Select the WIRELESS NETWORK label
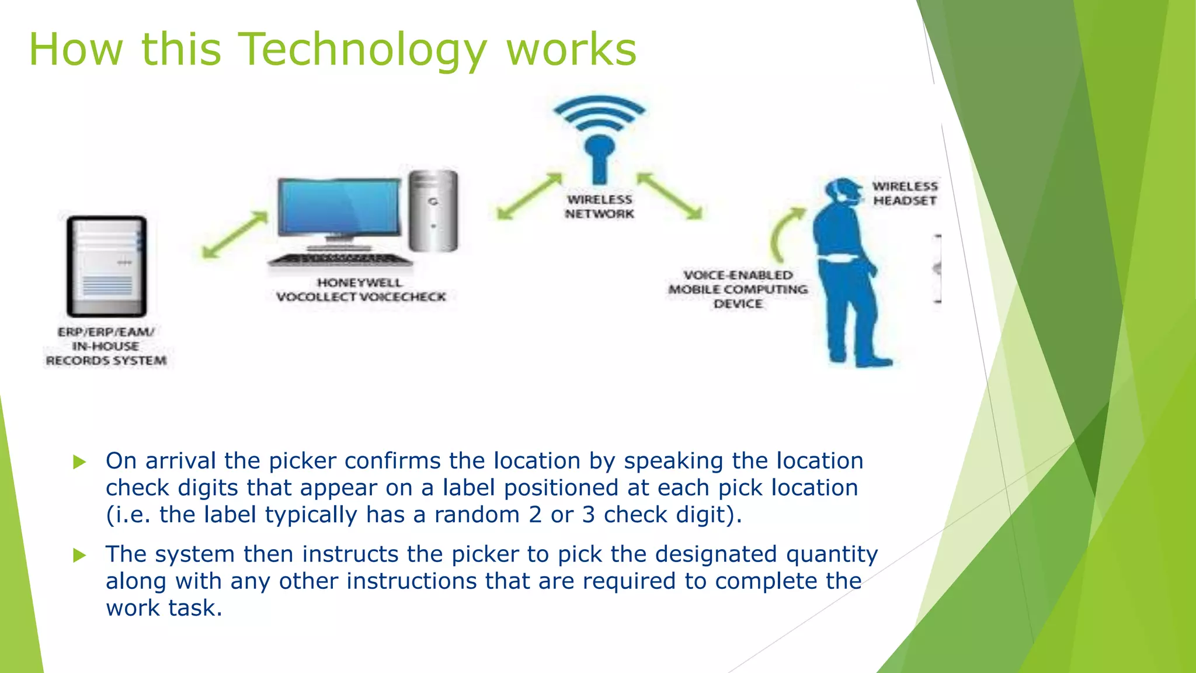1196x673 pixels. point(599,207)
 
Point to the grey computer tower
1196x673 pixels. point(433,210)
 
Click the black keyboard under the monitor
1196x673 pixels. point(340,259)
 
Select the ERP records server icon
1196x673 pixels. point(106,266)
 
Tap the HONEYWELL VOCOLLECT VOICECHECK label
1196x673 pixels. point(360,290)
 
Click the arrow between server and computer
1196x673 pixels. point(235,234)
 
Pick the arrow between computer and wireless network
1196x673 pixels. point(529,196)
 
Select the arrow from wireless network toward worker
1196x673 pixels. point(669,196)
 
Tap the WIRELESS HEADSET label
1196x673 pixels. point(905,193)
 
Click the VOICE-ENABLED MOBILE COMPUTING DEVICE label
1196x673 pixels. point(738,289)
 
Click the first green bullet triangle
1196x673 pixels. point(79,462)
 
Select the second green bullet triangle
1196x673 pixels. point(79,555)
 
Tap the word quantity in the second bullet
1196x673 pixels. point(832,554)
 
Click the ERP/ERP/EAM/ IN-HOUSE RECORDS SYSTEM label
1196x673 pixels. point(106,346)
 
